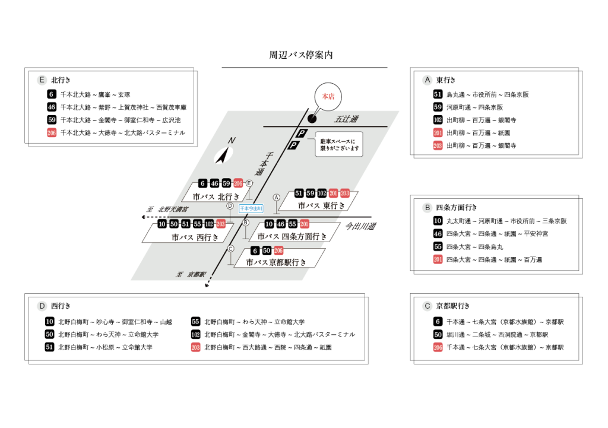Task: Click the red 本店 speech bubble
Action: (328, 96)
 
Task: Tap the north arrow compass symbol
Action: (224, 154)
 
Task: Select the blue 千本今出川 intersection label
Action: (251, 208)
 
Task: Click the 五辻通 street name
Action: (346, 119)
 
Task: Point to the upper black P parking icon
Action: (302, 134)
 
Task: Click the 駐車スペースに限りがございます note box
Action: (338, 144)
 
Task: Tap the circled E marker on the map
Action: (249, 183)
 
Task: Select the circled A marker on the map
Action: (276, 197)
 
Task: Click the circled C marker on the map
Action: (231, 249)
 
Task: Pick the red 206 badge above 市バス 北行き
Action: (239, 183)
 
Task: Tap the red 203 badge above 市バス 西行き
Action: (221, 224)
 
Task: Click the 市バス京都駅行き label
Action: (276, 262)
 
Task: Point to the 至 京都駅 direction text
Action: (191, 275)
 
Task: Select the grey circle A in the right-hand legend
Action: (427, 80)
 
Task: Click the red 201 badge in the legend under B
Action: (438, 259)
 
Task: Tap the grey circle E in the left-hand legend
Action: (42, 80)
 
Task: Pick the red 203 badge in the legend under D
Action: (195, 347)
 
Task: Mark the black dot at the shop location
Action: (312, 119)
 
